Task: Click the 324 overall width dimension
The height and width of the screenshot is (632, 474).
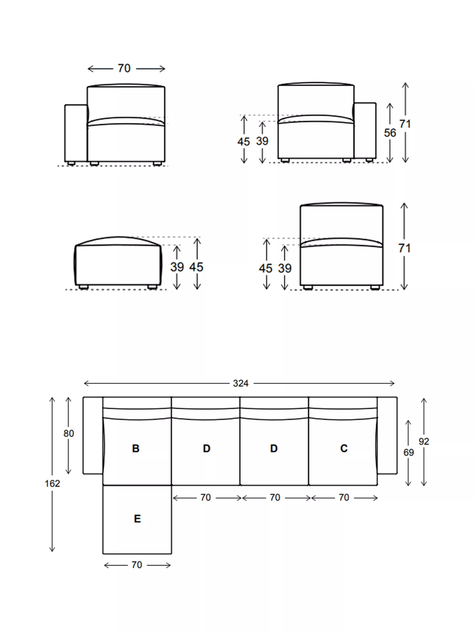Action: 240,383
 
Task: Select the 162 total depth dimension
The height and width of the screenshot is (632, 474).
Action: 52,483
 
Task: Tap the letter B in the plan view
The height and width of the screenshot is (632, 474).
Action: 136,448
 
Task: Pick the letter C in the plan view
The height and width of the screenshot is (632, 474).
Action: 344,448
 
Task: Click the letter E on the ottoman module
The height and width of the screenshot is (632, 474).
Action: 137,519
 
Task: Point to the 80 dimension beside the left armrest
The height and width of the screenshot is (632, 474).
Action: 68,433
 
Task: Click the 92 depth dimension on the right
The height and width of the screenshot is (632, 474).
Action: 424,441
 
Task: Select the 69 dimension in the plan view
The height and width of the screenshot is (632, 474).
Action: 408,452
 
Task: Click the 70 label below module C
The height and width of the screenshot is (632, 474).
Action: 344,497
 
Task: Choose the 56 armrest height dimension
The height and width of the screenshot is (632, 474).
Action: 390,133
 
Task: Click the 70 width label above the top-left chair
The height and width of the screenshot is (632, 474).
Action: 124,68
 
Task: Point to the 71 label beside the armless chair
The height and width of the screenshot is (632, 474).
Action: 404,248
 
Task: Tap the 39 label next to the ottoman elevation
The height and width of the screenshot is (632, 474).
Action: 177,267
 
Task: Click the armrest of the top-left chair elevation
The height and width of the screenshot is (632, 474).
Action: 76,133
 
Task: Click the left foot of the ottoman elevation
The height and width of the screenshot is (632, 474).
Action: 83,287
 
